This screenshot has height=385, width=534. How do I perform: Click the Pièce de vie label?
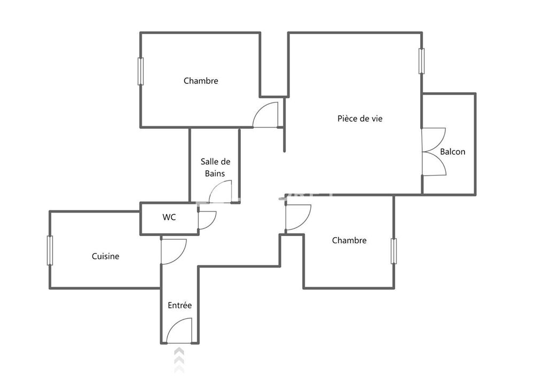[x=360, y=119]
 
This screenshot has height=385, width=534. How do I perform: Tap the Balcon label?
[x=452, y=152]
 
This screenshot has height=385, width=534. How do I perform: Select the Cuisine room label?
[x=106, y=256]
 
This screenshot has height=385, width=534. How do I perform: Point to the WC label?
[x=169, y=217]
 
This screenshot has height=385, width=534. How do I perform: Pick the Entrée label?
[x=179, y=305]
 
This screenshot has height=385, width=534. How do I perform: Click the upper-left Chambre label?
[x=201, y=81]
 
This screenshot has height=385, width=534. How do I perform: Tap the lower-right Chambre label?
[x=349, y=240]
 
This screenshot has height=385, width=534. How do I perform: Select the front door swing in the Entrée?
[x=180, y=331]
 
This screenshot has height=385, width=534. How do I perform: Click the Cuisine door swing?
[x=172, y=251]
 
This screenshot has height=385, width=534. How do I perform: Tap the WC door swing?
[x=207, y=220]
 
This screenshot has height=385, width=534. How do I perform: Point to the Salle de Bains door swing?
[x=220, y=192]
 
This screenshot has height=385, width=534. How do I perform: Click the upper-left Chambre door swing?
[x=266, y=115]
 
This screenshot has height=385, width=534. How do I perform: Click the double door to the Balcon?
[x=434, y=152]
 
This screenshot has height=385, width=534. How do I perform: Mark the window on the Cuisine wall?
[x=50, y=250]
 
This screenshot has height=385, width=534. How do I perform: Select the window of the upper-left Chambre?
[x=141, y=71]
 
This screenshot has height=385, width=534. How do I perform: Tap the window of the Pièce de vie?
[x=421, y=61]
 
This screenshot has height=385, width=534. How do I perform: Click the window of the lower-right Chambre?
[x=394, y=251]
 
